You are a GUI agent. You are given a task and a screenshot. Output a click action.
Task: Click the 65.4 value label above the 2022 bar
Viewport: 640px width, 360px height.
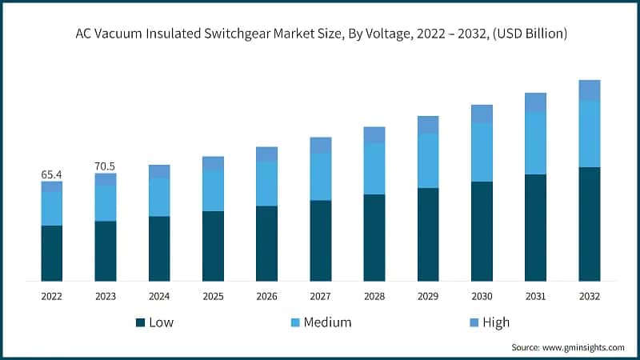(x=52, y=174)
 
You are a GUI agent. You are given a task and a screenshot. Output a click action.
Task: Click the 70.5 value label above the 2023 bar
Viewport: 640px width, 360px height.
(x=106, y=166)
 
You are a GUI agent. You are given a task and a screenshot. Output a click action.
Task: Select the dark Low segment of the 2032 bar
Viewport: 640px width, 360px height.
(x=590, y=224)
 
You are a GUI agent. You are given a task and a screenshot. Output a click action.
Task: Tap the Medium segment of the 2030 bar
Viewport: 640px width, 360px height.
(x=482, y=153)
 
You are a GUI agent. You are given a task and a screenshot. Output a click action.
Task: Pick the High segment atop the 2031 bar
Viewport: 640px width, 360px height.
(x=535, y=102)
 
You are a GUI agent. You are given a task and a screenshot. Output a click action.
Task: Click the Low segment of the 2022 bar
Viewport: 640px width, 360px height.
(x=52, y=253)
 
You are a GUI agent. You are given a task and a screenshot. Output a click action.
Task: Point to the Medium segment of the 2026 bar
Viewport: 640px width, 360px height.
(x=266, y=184)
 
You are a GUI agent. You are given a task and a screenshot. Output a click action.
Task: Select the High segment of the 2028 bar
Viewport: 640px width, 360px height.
(x=374, y=134)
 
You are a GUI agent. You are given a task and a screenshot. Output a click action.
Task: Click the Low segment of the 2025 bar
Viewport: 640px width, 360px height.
(x=213, y=246)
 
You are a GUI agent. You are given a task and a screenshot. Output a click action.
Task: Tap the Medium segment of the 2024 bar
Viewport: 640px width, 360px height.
(x=159, y=197)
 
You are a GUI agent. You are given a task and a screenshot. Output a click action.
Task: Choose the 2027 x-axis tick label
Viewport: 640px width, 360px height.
(x=320, y=296)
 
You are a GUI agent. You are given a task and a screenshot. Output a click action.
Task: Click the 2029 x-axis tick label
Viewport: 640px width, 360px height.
(x=428, y=296)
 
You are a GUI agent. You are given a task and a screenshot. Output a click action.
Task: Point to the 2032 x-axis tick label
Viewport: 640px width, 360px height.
(x=590, y=296)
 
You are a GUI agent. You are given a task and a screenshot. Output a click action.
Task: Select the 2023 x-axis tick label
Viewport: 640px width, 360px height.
(x=106, y=296)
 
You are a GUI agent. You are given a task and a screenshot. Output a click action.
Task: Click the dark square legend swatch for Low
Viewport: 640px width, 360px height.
(x=140, y=322)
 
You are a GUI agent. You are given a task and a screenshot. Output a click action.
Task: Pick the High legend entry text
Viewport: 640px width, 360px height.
(x=496, y=322)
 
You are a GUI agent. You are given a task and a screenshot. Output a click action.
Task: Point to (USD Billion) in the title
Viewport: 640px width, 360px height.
(x=526, y=34)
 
